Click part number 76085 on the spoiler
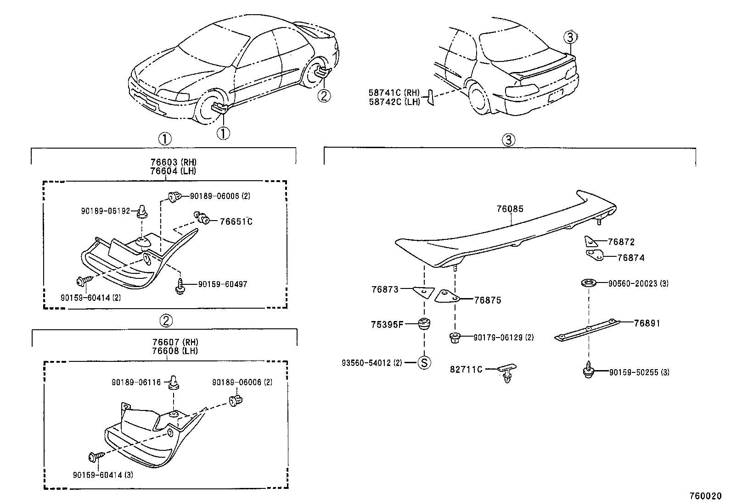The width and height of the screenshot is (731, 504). click(510, 209)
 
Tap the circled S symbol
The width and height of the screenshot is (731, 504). click(424, 363)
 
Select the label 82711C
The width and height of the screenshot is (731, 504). click(466, 369)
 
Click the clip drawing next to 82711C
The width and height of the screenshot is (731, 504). click(507, 373)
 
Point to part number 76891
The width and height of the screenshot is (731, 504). click(647, 323)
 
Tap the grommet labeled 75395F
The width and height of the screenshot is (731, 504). click(423, 324)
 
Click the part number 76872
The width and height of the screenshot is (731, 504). click(621, 242)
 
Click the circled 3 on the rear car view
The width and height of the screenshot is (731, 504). click(569, 37)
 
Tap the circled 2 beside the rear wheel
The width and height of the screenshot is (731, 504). click(324, 95)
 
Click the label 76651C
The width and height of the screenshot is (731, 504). click(236, 222)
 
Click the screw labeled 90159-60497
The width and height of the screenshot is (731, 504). click(180, 286)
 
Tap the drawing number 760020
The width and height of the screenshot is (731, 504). click(705, 496)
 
